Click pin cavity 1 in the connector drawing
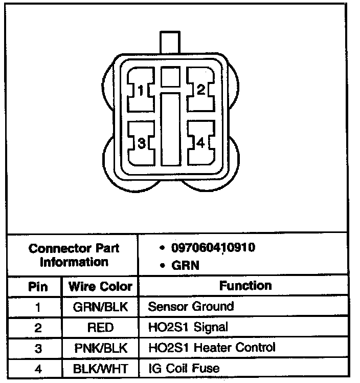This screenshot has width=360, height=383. [141, 91]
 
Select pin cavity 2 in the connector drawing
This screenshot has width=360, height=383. [201, 90]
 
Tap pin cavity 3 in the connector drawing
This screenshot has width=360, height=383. [142, 143]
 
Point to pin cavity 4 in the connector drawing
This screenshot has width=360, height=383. [201, 143]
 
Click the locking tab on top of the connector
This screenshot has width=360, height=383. [170, 42]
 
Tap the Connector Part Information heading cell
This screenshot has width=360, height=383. [74, 255]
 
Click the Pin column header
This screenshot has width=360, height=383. [38, 287]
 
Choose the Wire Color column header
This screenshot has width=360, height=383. [100, 287]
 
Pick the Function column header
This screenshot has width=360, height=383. [245, 286]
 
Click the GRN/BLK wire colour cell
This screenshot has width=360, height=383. [100, 307]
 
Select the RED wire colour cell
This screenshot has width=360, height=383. [100, 328]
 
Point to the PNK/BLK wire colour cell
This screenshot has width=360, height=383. [100, 348]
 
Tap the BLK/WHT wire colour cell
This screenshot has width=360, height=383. [100, 369]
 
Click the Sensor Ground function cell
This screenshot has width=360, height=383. [191, 307]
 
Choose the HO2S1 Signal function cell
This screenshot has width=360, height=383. [188, 327]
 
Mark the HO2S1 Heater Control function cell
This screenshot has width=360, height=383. [211, 348]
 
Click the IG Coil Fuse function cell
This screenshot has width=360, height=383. [184, 368]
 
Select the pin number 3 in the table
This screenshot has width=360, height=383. [38, 348]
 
